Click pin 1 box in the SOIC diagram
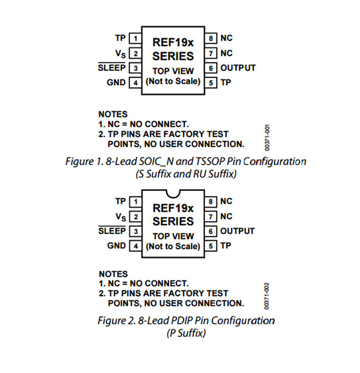point(135,38)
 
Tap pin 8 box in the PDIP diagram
point(211,202)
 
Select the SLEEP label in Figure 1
point(111,68)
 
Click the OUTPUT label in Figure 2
point(237,231)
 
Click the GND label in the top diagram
point(116,83)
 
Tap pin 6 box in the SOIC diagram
point(211,68)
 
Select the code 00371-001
point(267,138)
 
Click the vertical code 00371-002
point(267,296)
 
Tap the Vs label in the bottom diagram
point(120,217)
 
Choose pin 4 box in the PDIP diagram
point(135,246)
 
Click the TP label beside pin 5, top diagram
point(226,82)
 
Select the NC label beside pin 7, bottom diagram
point(226,216)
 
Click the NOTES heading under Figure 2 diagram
point(113,274)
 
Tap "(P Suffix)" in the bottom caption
point(186,333)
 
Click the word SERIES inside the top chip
point(173,56)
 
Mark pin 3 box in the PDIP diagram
point(135,231)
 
